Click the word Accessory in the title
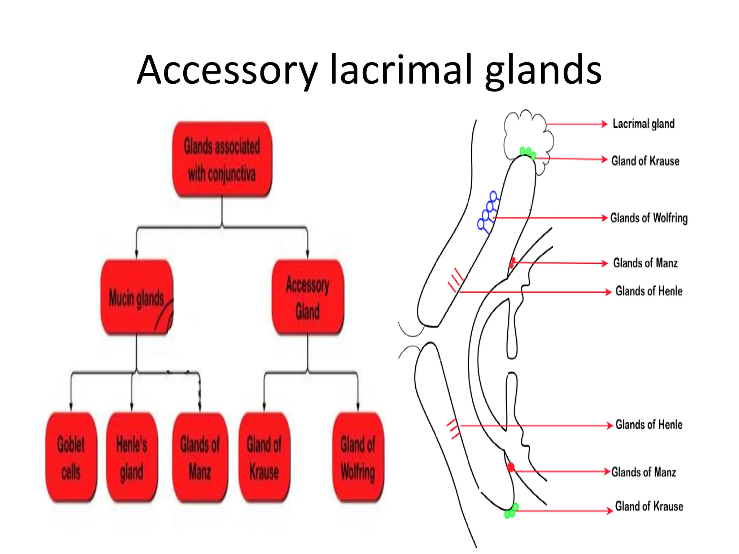(x=227, y=70)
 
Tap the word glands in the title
(x=543, y=70)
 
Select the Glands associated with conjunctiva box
(x=222, y=160)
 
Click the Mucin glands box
(x=136, y=298)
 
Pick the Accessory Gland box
(x=307, y=298)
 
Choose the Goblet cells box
(x=71, y=457)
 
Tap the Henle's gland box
(x=132, y=457)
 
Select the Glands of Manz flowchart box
(x=200, y=457)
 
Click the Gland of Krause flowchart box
(x=264, y=457)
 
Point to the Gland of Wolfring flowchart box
(x=358, y=457)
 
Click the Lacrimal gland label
(x=643, y=124)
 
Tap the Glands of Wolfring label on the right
(x=649, y=218)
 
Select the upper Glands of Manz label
(x=645, y=263)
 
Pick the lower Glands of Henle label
(x=649, y=425)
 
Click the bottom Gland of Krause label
(x=649, y=506)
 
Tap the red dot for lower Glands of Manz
(x=511, y=467)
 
